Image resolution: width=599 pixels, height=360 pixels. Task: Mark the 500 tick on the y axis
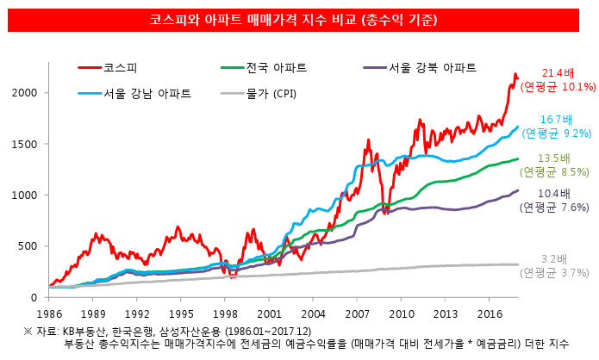(28, 246)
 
